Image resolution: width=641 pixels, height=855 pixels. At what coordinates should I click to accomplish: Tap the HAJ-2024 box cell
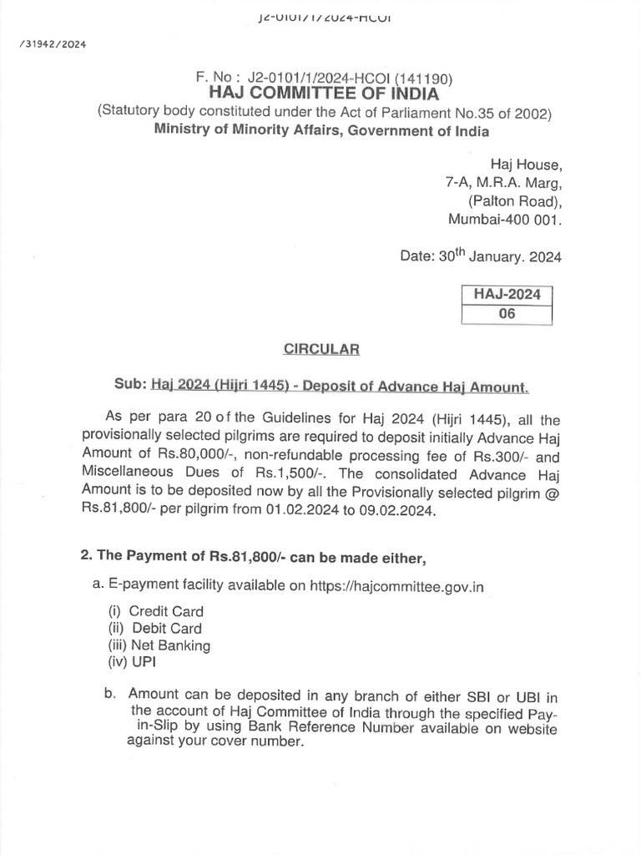[x=507, y=294]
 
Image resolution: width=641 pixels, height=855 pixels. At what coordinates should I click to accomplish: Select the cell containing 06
[x=507, y=314]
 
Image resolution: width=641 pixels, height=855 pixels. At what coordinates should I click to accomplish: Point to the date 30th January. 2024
[x=481, y=256]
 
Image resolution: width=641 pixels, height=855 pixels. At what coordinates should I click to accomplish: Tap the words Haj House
[x=526, y=164]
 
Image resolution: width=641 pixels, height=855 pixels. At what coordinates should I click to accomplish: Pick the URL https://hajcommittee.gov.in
[x=396, y=586]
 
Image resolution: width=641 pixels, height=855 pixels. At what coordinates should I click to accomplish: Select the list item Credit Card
[x=166, y=611]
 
